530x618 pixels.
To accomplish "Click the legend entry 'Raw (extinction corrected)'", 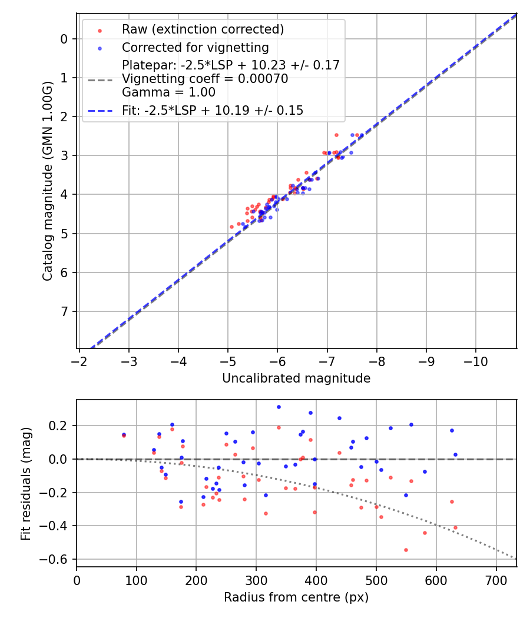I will pos(203,29).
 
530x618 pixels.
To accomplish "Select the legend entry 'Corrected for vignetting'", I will pos(195,47).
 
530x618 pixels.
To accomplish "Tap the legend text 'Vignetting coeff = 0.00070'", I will pos(205,79).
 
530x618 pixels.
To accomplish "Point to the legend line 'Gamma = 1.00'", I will pos(168,92).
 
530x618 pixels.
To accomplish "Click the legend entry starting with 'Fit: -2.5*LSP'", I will pos(213,110).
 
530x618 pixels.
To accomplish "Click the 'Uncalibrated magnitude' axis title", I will pos(296,378).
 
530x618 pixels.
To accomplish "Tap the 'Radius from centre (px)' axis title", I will pos(296,597).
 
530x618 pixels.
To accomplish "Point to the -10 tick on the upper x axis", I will pos(476,361).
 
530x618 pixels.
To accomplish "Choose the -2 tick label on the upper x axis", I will pos(79,361).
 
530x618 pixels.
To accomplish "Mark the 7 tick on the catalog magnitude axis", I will pos(64,311).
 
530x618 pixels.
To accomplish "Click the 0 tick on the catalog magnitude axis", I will pos(64,39).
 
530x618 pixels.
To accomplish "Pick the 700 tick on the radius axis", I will pos(496,580).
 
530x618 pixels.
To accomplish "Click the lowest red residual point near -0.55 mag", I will pos(406,550).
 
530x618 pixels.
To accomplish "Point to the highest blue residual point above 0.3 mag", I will pos(279,407).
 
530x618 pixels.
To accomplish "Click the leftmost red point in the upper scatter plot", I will pos(231,227).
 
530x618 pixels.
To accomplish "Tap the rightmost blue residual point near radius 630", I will pos(455,454).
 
